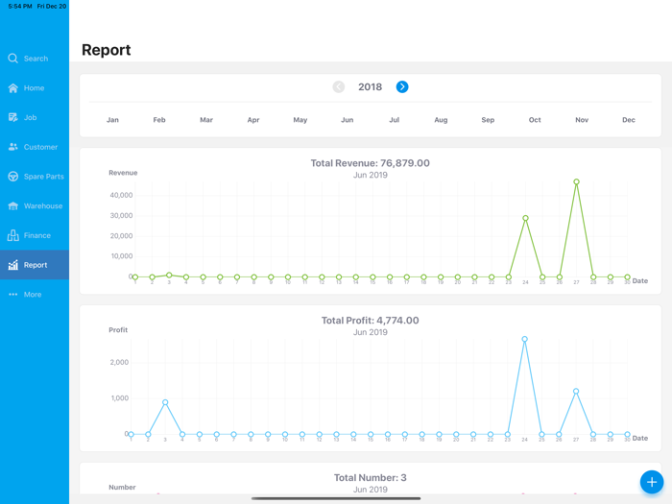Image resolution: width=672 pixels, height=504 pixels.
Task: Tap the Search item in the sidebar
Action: (35, 59)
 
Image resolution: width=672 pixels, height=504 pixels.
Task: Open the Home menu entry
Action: (34, 88)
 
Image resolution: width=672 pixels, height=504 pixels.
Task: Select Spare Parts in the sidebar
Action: (43, 177)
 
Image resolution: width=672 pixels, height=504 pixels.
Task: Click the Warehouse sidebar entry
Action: (42, 206)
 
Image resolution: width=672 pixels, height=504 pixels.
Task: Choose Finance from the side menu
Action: (36, 235)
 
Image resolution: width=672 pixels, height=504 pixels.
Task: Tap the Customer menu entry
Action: (40, 147)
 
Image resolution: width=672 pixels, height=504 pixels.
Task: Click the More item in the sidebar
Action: (32, 295)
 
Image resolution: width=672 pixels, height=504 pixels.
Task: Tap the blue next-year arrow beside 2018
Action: (402, 87)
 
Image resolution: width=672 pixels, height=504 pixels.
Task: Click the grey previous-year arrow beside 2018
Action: (339, 87)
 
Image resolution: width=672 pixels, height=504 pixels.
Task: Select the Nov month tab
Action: (582, 120)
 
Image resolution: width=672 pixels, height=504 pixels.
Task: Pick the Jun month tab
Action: (348, 120)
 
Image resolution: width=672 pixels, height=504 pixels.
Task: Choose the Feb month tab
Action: (159, 120)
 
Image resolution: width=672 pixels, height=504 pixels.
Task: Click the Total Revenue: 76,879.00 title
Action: (370, 163)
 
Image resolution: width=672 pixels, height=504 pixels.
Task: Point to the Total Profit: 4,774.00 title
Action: (370, 321)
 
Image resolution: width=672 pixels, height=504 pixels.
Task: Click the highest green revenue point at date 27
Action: (577, 181)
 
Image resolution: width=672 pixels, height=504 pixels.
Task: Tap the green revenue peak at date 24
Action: (526, 218)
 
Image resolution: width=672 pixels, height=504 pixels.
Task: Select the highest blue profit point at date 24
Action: (524, 339)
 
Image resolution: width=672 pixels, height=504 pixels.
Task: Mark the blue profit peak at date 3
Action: (165, 402)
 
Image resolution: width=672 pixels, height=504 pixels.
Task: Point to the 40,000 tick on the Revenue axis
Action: (122, 195)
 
